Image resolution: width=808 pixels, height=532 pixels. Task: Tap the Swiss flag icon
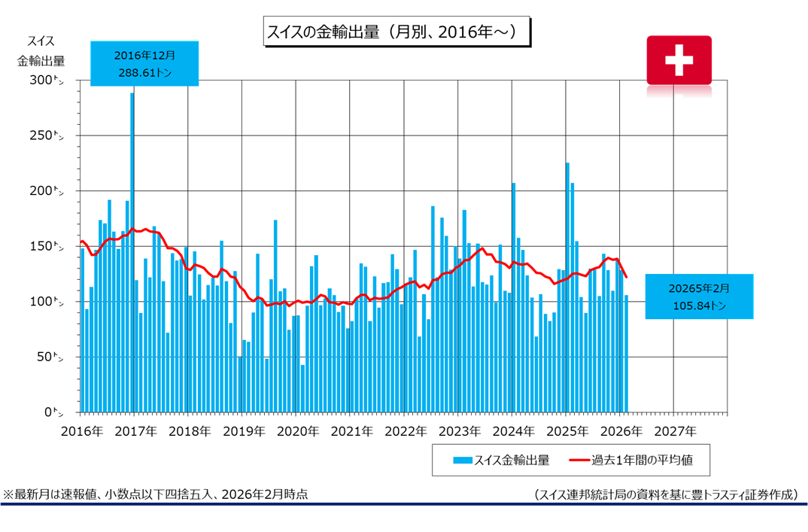(x=679, y=59)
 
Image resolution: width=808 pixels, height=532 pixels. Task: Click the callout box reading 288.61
(x=145, y=63)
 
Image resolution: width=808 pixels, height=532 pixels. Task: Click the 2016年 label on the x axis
(x=81, y=431)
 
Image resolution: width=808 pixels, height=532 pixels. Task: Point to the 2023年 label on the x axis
(x=458, y=431)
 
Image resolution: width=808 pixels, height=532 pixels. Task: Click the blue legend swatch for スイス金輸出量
(x=462, y=459)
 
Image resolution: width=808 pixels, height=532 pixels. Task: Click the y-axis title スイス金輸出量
(x=41, y=50)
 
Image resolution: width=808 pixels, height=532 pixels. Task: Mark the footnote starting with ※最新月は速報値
(x=155, y=494)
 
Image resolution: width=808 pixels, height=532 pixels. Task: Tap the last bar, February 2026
(x=626, y=354)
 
